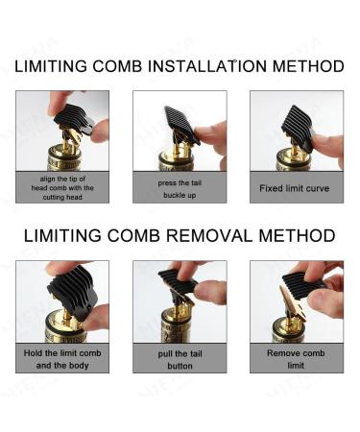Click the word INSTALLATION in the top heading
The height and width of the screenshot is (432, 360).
coord(206,66)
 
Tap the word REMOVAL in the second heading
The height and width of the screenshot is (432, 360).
coord(209,236)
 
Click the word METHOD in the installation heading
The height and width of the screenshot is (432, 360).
coord(308,66)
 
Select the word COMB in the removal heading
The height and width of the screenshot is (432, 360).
coord(133,236)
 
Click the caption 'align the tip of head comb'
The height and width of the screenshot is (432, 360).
coord(62,188)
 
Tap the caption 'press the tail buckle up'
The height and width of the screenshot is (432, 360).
coord(180,189)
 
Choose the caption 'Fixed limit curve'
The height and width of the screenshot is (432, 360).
coord(295,188)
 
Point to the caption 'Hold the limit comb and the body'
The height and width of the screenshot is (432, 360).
coord(62,359)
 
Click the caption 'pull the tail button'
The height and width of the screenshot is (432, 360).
coord(180,360)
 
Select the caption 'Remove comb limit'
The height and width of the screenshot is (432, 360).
coord(296,359)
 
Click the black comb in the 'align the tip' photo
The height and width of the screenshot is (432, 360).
coord(74,119)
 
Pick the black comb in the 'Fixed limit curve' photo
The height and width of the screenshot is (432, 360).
coord(299,127)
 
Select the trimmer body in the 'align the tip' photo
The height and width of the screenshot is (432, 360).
coord(64,157)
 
